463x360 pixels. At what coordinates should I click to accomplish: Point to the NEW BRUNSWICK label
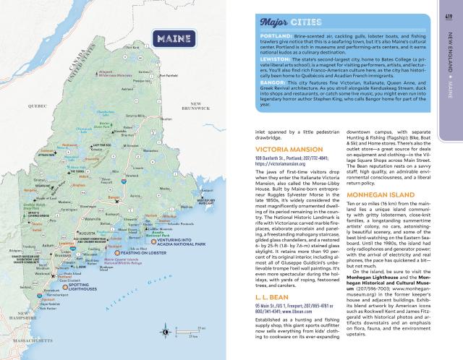click(x=195, y=106)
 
